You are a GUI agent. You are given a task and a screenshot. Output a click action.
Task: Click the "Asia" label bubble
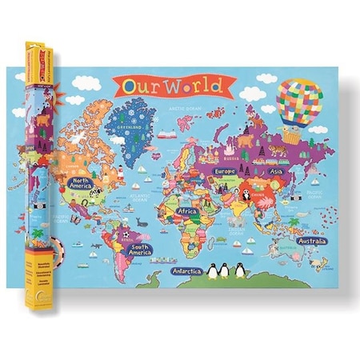[x=277, y=171]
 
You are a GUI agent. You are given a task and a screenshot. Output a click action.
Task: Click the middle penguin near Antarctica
[x=223, y=272]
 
